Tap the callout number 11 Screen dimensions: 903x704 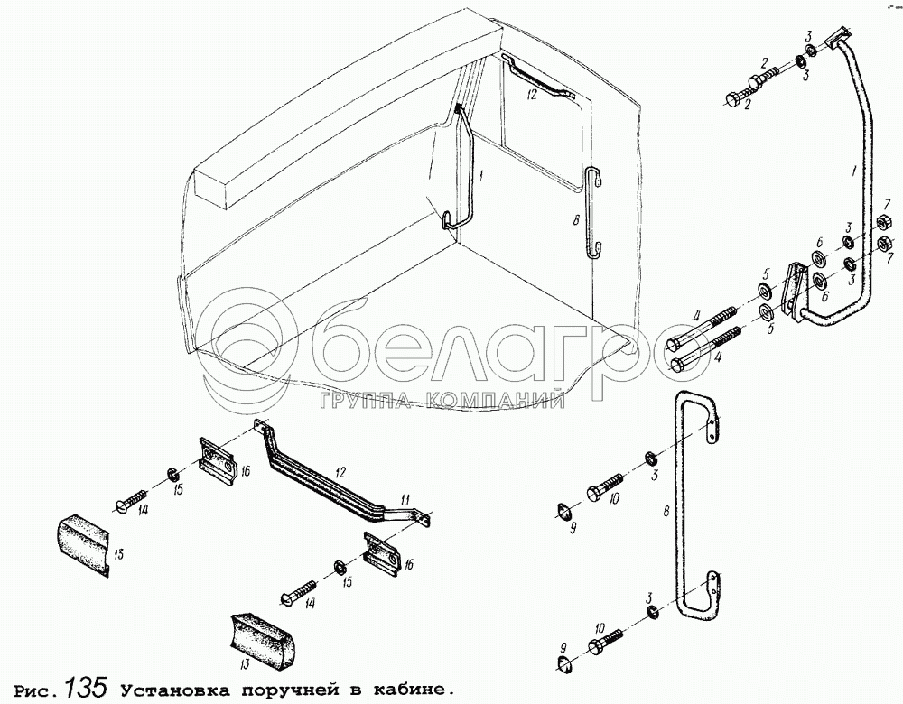tap(406, 499)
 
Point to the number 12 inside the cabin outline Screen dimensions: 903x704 tap(532, 95)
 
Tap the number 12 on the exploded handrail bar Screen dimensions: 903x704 tap(340, 473)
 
